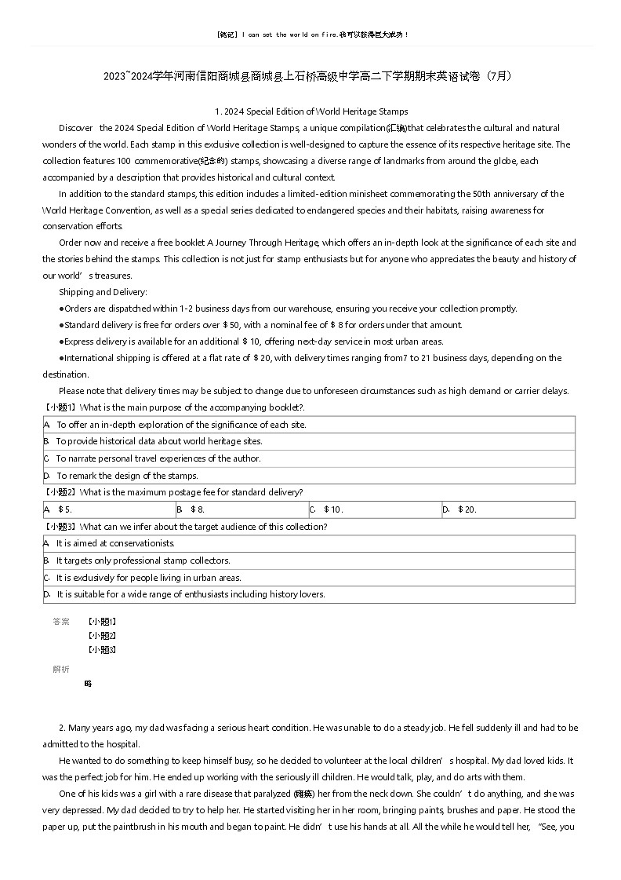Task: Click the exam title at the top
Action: point(310,76)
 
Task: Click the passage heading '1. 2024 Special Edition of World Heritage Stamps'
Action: point(310,111)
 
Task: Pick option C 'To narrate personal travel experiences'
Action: point(158,458)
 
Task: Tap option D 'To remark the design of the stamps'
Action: point(126,476)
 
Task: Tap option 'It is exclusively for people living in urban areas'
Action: point(148,578)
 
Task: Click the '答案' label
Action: point(60,622)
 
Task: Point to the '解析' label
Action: point(60,669)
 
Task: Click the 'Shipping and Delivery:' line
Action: point(103,292)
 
